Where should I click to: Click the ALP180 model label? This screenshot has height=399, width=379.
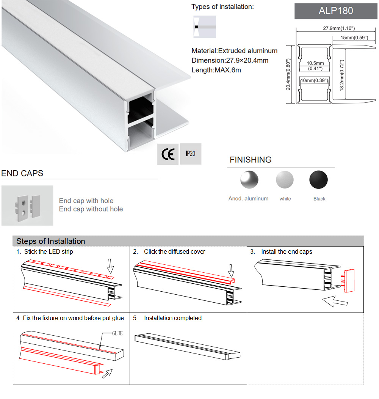pos(336,11)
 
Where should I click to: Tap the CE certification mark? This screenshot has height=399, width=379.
pos(168,154)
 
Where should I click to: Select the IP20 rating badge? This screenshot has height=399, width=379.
pos(191,154)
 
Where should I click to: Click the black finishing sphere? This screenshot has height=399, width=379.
pos(318,180)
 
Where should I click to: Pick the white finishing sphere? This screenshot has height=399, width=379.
pos(285,180)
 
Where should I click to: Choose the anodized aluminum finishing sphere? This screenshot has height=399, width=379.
pos(249,179)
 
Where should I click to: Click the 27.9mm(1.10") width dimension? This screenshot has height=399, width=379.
pos(339,28)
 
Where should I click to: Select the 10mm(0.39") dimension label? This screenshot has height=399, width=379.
pos(314,81)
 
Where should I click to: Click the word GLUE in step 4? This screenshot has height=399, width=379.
pos(117,333)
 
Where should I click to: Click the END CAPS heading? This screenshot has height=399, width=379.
pos(22,173)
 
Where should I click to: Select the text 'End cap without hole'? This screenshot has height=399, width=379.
pos(91,209)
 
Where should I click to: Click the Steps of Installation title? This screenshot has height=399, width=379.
pos(51,241)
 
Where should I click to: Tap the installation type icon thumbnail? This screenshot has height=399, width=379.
pos(204,27)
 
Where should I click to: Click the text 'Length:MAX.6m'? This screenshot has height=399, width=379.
pos(216,70)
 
